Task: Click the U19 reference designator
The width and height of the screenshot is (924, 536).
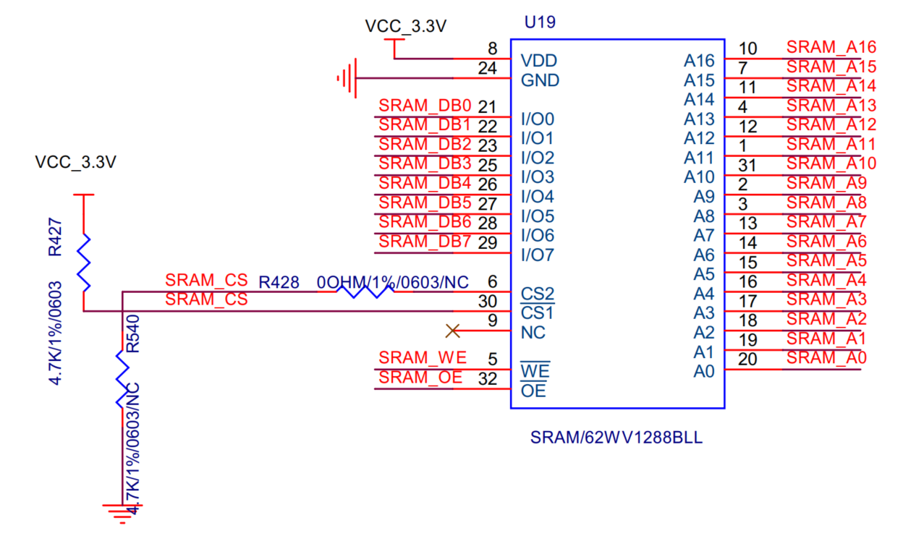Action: pos(540,22)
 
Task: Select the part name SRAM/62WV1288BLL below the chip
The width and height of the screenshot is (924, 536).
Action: pos(616,438)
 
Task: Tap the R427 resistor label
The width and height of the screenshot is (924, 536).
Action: pos(56,238)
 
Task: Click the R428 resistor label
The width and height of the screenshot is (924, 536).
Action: pos(279,282)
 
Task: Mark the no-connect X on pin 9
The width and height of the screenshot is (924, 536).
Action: pos(453,331)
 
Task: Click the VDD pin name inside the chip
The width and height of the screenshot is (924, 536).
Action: pos(539,61)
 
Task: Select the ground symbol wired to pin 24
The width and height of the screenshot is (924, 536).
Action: pos(348,77)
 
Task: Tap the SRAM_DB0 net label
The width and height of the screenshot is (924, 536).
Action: pos(425,106)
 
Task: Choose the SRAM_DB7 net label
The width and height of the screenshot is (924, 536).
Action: pos(425,242)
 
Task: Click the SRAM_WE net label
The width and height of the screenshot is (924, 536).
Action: pos(423,357)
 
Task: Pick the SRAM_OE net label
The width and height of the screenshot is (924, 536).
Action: pos(420,377)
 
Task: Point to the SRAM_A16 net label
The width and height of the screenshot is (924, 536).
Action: pos(831,47)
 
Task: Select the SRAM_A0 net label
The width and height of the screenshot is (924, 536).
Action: pos(826,357)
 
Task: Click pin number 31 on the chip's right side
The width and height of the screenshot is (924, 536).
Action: pos(747,164)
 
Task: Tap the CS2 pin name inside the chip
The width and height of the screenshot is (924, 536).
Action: pos(538,294)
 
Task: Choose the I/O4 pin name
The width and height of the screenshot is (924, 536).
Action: pos(538,197)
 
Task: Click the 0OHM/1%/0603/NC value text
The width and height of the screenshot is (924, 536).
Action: pos(393,282)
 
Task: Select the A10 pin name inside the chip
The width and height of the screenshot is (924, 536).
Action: pos(699,177)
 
